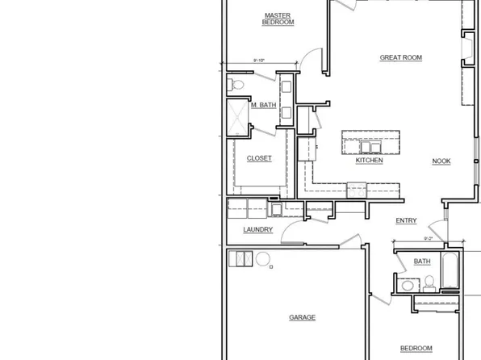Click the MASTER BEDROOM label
point(278,19)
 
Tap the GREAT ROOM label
point(401,57)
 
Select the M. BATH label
point(264,106)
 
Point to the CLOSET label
point(259,158)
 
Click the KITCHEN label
point(369,161)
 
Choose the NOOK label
point(441,161)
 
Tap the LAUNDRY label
point(258,230)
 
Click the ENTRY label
point(405,221)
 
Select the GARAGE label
point(302,318)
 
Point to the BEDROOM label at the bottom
point(417,347)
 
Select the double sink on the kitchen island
point(360,145)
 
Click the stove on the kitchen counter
point(357,190)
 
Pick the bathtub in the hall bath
point(450,272)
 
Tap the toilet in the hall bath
point(429,283)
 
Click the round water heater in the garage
point(262,259)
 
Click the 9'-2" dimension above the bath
point(429,239)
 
